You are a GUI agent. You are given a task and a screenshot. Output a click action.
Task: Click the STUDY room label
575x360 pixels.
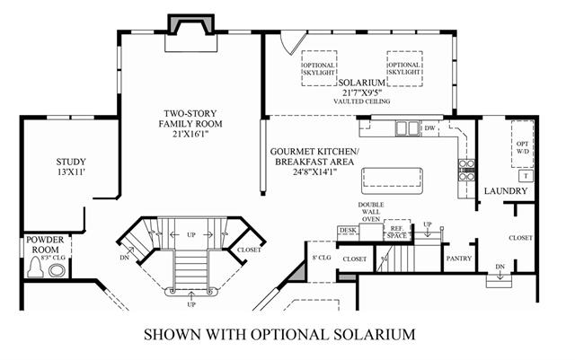(x=71, y=162)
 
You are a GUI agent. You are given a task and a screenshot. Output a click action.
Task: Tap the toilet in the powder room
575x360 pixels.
(x=36, y=268)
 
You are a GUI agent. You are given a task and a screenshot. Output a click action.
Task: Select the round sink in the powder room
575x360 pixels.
(x=57, y=270)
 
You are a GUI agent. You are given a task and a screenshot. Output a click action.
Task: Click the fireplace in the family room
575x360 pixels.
(x=190, y=34)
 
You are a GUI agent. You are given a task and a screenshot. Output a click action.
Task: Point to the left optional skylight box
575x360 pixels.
(x=319, y=68)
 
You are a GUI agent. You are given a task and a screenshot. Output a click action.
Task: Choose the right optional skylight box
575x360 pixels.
(x=404, y=68)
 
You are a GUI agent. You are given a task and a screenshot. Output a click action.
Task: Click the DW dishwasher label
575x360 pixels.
(x=429, y=128)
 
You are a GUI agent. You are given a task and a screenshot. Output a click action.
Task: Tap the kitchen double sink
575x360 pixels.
(x=408, y=128)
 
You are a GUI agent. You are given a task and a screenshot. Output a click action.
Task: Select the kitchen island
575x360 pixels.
(x=392, y=180)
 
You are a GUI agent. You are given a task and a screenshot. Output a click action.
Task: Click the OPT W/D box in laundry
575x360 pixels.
(x=523, y=144)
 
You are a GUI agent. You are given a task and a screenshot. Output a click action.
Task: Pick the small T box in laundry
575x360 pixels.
(x=526, y=176)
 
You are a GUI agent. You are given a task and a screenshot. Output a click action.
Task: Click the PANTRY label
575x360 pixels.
(x=459, y=259)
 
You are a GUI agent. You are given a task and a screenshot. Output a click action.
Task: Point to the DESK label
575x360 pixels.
(x=348, y=230)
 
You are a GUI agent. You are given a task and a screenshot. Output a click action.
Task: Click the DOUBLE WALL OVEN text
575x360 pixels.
(x=371, y=212)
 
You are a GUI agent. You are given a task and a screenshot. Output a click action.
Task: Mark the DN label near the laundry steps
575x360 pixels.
(x=500, y=267)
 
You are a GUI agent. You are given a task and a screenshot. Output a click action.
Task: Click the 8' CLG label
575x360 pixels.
(x=322, y=258)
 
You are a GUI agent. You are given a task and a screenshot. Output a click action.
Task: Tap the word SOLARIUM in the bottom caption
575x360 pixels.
(x=375, y=334)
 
